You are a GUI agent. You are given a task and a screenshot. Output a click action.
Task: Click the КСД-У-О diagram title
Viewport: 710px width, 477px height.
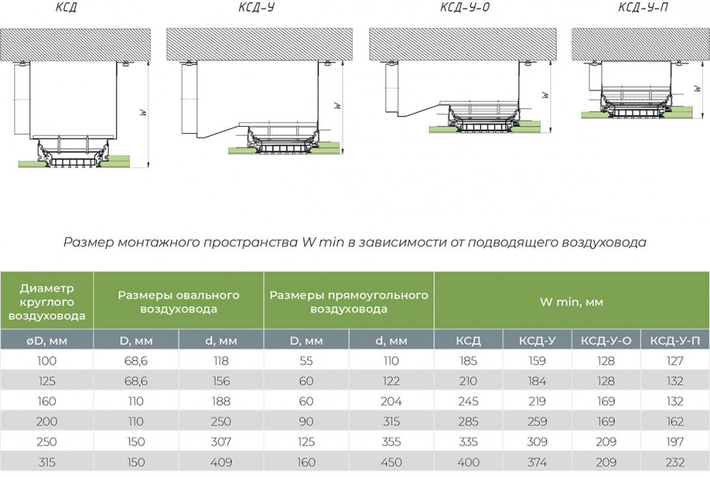click(x=465, y=6)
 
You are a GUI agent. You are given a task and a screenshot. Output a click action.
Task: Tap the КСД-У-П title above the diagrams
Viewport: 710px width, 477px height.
click(x=643, y=6)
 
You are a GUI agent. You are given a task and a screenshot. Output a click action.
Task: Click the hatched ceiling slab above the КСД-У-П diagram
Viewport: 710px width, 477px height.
click(x=641, y=45)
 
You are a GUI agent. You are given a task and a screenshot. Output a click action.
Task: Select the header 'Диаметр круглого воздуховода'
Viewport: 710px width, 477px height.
click(x=47, y=301)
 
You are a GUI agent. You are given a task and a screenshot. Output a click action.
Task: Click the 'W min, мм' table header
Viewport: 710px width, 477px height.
click(x=571, y=301)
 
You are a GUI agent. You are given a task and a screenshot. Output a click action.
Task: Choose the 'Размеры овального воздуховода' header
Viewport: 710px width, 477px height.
click(x=178, y=302)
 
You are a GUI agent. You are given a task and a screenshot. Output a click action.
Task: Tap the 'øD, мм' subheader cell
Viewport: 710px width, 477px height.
click(x=47, y=341)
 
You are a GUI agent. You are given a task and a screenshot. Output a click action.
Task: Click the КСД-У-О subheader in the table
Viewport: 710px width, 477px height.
click(x=606, y=341)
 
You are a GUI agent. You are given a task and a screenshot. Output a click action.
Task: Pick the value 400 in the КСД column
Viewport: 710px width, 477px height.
click(x=468, y=462)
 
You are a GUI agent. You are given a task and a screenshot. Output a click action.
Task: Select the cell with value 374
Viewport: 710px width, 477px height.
click(x=537, y=462)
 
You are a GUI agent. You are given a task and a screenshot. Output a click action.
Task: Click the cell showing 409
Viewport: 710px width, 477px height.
click(x=221, y=462)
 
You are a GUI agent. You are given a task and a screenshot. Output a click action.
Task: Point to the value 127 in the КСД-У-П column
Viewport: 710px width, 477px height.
click(x=675, y=360)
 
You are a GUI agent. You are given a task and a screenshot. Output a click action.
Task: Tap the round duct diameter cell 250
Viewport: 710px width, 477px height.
click(x=47, y=442)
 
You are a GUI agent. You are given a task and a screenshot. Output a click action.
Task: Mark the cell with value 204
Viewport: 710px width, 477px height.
click(x=392, y=401)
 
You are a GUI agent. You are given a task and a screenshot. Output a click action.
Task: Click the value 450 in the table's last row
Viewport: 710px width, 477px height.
click(x=392, y=462)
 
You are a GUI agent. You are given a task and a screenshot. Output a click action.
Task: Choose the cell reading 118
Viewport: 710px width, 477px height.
click(x=221, y=360)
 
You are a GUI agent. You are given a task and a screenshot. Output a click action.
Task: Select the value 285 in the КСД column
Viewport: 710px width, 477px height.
click(x=468, y=421)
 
